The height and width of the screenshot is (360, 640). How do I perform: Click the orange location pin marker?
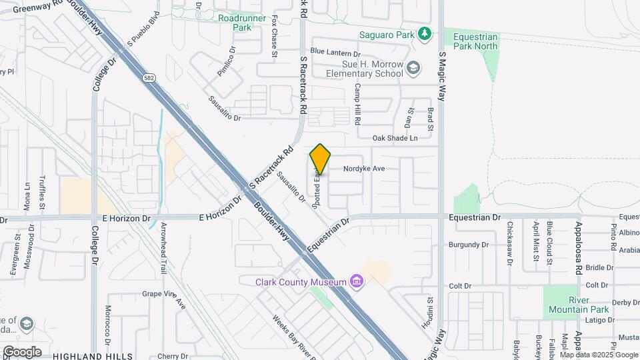321,159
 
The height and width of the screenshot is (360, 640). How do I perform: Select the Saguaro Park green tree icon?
424,33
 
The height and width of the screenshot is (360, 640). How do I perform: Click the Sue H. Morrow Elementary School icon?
413,68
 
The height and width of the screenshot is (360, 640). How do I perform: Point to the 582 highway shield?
148,79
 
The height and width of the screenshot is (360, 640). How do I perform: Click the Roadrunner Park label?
242,23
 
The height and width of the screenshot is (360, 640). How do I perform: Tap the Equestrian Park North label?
475,42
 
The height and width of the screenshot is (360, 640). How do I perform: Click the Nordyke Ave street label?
364,169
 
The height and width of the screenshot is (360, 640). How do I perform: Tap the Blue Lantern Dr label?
335,53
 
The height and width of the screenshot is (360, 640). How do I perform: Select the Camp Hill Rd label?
358,105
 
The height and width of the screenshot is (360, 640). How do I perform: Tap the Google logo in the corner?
22,352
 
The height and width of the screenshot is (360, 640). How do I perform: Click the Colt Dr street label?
460,286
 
